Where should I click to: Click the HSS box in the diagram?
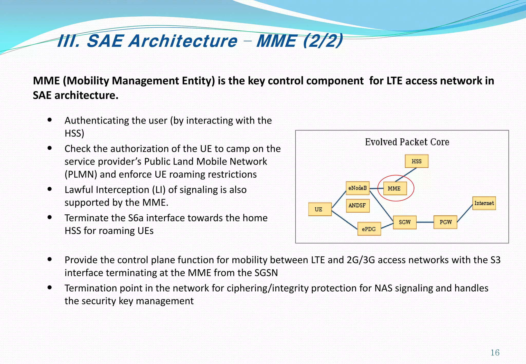point(416,161)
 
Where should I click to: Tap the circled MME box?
point(395,188)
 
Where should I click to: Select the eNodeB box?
point(358,188)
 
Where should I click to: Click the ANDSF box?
point(358,205)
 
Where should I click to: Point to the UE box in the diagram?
point(320,209)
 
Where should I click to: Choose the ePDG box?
point(369,229)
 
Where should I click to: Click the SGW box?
point(405,222)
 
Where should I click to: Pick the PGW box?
point(445,222)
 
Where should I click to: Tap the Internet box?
point(484,203)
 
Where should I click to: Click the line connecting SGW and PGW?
point(425,222)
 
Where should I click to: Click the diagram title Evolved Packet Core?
point(407,142)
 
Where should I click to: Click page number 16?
point(495,353)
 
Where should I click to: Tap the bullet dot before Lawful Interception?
point(50,189)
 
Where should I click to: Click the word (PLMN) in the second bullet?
point(81,175)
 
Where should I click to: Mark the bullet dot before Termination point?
point(50,288)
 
